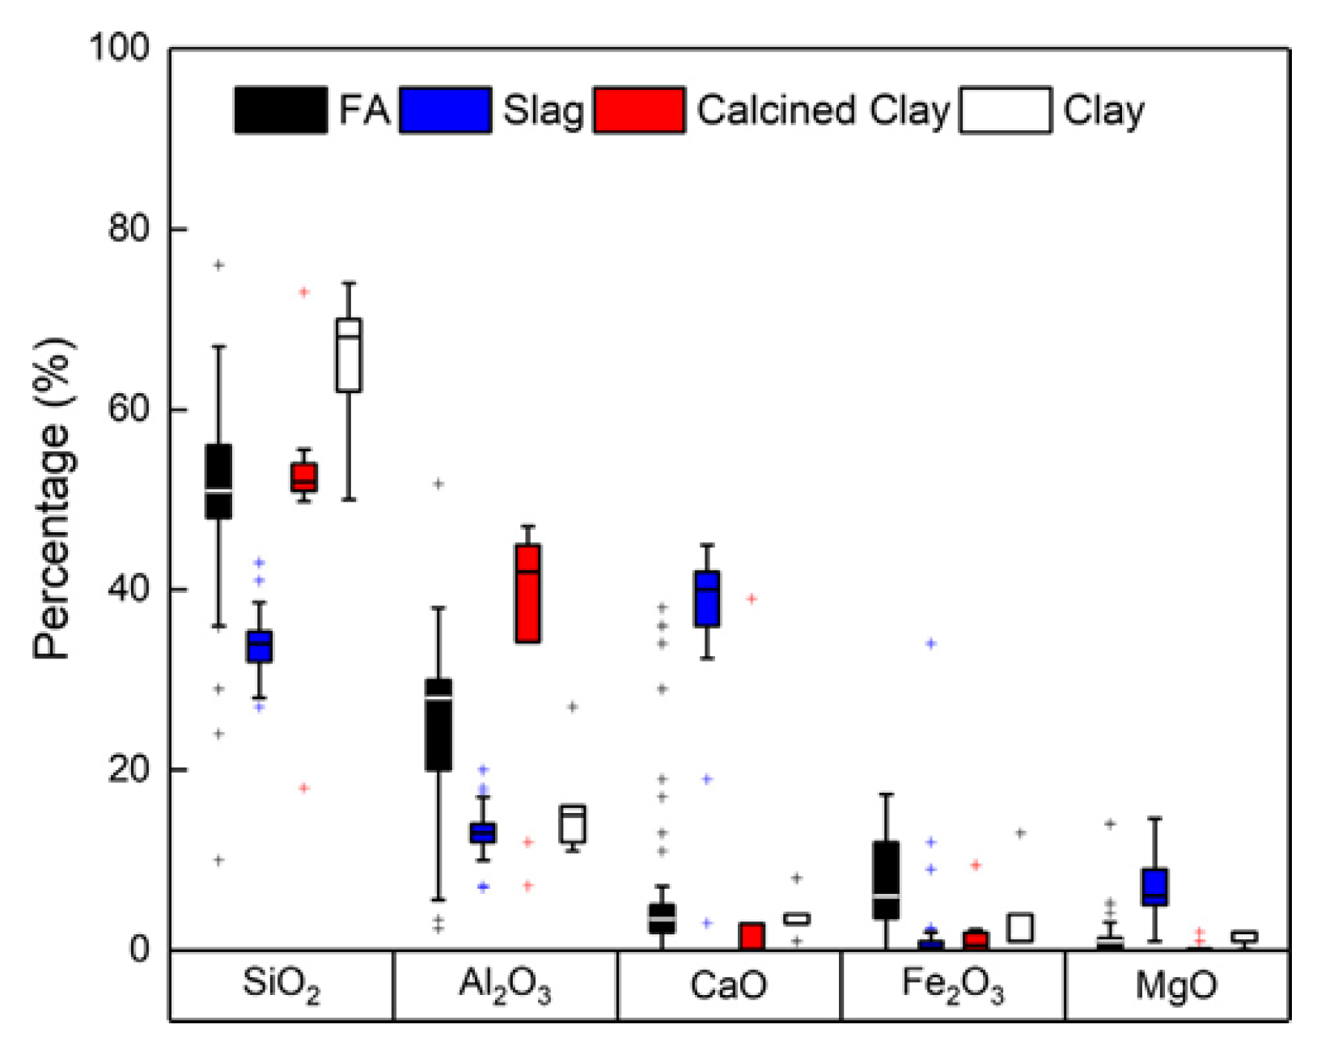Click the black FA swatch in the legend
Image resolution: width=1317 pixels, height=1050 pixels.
tap(281, 110)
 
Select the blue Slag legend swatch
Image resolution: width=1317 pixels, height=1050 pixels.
tap(445, 110)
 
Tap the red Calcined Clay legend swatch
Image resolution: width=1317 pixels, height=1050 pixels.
tap(639, 110)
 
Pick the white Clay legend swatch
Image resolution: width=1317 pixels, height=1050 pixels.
tap(1006, 110)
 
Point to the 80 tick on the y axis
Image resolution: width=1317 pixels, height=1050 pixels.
tap(129, 229)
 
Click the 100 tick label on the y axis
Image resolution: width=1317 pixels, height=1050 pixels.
tap(120, 48)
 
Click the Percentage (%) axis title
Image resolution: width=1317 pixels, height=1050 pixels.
tap(52, 498)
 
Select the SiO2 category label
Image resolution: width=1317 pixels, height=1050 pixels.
tap(281, 985)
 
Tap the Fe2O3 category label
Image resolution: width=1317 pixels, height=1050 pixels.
tap(953, 985)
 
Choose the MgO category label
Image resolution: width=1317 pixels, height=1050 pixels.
tap(1176, 985)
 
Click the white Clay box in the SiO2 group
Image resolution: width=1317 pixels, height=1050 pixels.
tap(349, 356)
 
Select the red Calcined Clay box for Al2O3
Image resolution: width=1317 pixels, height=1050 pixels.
tap(528, 594)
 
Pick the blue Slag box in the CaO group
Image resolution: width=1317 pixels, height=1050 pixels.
tap(707, 599)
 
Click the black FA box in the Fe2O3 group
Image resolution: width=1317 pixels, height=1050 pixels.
tap(887, 880)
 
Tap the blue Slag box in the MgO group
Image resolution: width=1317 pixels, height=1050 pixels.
tap(1154, 887)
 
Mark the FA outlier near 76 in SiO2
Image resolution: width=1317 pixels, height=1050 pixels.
tap(218, 265)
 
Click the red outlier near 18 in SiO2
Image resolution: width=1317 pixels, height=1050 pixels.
tap(304, 788)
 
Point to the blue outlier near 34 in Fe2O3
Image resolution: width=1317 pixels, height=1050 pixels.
tap(931, 643)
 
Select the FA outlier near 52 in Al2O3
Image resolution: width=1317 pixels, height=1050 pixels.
tap(438, 484)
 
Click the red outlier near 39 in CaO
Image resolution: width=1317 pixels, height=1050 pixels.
tap(752, 599)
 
